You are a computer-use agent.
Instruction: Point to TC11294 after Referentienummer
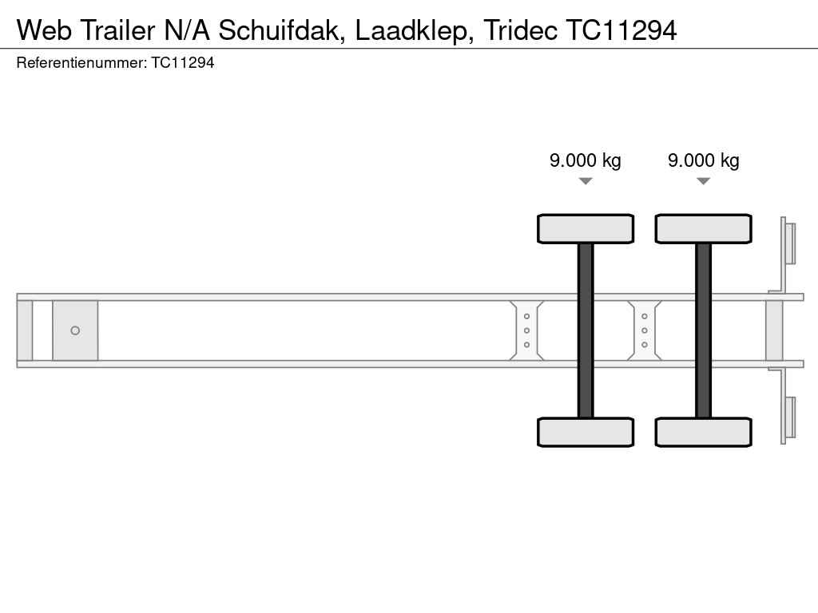tap(183, 63)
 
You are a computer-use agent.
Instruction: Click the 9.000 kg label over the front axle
tap(586, 160)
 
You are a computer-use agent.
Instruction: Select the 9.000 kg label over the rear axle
tap(703, 160)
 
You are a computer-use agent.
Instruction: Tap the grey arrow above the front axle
tap(586, 181)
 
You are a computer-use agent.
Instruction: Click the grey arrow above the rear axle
tap(703, 181)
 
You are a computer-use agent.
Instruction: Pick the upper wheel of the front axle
tap(586, 229)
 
